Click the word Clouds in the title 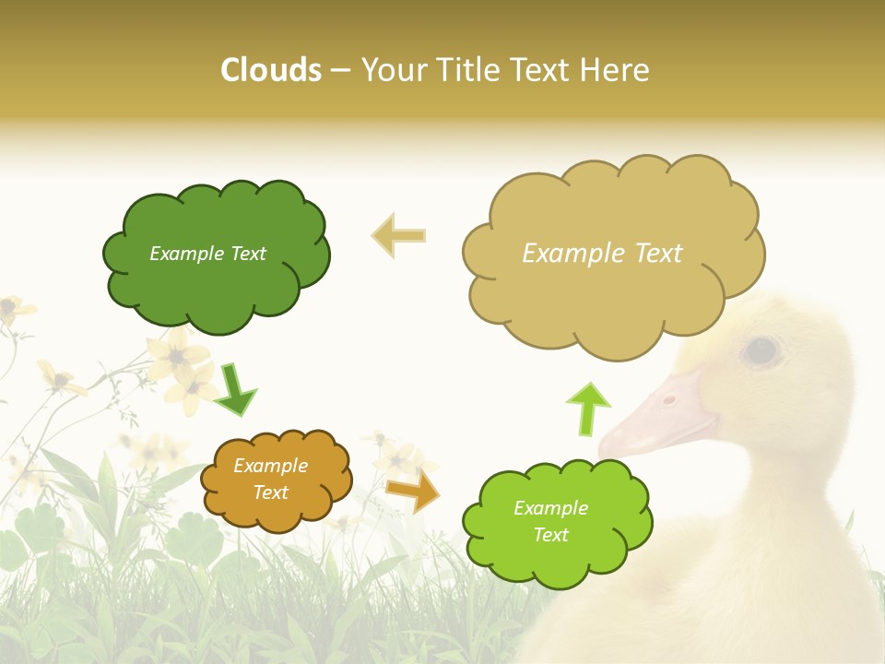[271, 70]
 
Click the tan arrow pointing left [398, 235]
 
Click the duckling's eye [761, 350]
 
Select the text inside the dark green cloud [207, 254]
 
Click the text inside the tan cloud [602, 254]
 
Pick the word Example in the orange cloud [270, 466]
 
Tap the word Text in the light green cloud [550, 535]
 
